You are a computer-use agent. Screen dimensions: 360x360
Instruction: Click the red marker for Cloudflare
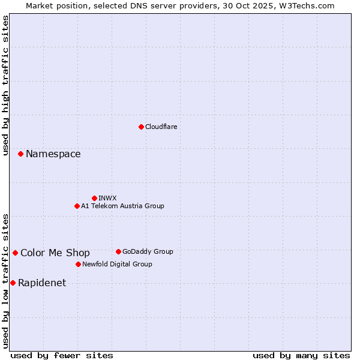[x=141, y=127]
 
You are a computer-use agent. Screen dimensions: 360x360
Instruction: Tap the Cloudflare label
[x=161, y=127]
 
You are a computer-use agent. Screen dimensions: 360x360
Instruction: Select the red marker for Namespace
[x=20, y=154]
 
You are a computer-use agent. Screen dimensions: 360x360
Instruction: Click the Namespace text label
[x=53, y=154]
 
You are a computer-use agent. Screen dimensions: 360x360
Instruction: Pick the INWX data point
[x=94, y=198]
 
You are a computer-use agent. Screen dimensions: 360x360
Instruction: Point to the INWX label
[x=107, y=198]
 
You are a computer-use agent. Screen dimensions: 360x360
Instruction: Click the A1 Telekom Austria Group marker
[x=77, y=206]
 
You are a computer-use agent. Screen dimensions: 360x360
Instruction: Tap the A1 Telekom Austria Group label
[x=122, y=206]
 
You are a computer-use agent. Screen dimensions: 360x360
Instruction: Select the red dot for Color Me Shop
[x=15, y=253]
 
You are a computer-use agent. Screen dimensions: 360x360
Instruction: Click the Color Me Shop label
[x=55, y=253]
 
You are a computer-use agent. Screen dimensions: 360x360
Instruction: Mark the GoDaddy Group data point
[x=118, y=251]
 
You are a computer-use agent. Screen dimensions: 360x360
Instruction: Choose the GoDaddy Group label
[x=147, y=251]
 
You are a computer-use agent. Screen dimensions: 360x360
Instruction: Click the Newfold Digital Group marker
[x=78, y=264]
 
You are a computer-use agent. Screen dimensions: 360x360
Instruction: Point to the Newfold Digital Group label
[x=117, y=264]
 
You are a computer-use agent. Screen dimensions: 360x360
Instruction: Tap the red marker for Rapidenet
[x=13, y=283]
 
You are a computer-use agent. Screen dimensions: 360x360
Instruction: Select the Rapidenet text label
[x=42, y=283]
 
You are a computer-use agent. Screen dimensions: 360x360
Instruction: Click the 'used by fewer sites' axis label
[x=62, y=355]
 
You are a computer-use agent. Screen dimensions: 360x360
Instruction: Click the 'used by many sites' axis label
[x=301, y=355]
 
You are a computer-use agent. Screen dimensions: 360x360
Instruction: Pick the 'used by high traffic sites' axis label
[x=6, y=85]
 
